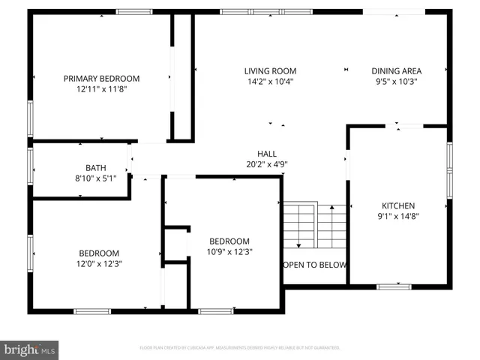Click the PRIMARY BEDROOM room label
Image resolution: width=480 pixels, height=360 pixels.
101,78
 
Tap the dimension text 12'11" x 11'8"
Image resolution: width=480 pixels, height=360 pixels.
101,88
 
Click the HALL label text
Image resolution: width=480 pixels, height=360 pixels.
267,153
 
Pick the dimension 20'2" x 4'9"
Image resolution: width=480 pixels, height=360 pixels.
267,163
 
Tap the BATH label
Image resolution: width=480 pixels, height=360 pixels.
95,168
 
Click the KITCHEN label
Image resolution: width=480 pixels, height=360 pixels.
398,205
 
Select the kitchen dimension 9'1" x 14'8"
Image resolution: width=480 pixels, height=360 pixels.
398,216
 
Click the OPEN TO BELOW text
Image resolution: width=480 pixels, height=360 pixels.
315,265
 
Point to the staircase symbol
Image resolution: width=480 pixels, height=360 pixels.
314,225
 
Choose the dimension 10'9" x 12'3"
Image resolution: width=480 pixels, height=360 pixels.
229,251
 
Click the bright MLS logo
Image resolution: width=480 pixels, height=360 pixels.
30,349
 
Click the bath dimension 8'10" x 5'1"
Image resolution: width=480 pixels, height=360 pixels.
95,178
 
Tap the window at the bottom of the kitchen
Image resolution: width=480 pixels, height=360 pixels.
394,286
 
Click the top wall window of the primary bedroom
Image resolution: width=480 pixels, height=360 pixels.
134,12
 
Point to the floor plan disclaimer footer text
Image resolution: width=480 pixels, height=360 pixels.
240,348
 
